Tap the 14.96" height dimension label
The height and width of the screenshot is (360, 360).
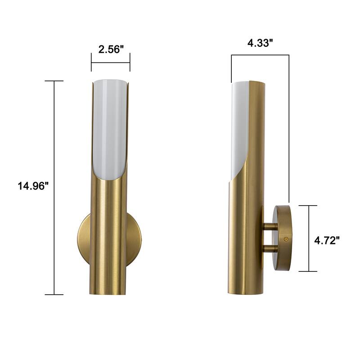click(x=33, y=186)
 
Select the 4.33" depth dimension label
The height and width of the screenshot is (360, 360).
click(x=261, y=44)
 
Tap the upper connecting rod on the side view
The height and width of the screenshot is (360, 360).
click(x=270, y=226)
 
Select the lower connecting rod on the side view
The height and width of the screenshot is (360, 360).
click(x=270, y=247)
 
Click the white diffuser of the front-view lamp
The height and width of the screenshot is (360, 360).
click(x=110, y=130)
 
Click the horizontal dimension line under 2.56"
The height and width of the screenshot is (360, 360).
click(x=111, y=62)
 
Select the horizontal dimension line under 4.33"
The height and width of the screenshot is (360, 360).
click(x=260, y=55)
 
